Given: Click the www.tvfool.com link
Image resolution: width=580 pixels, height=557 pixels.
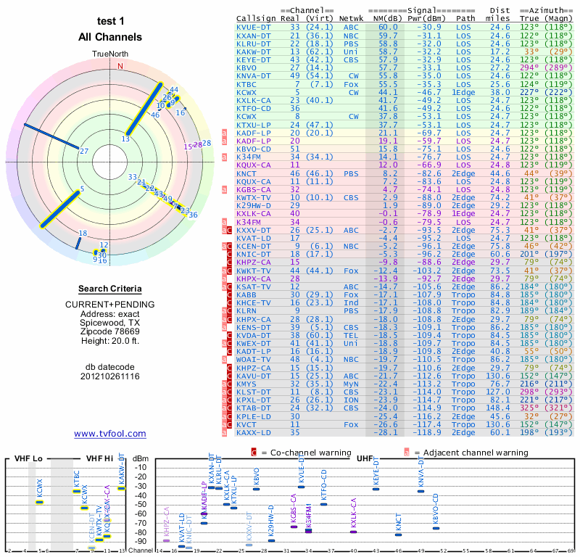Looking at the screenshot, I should (109, 434).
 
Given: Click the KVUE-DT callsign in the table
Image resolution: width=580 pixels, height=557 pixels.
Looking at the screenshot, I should (254, 27).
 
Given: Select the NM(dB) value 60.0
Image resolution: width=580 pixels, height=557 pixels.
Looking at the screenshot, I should (388, 27).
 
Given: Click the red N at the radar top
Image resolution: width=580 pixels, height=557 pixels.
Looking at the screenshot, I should (120, 66).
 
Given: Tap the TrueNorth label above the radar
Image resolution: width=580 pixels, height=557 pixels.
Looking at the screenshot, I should (110, 54).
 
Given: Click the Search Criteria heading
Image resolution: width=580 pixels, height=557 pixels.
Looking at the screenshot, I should (110, 289).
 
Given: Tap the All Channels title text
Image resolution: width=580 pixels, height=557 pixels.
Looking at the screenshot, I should (110, 37).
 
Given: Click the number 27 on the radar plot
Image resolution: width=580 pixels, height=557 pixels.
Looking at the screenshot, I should (84, 151).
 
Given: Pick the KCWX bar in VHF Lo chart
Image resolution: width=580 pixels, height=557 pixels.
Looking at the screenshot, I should (40, 502).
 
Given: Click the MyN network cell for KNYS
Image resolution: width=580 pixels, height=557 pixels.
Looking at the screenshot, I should (353, 384).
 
